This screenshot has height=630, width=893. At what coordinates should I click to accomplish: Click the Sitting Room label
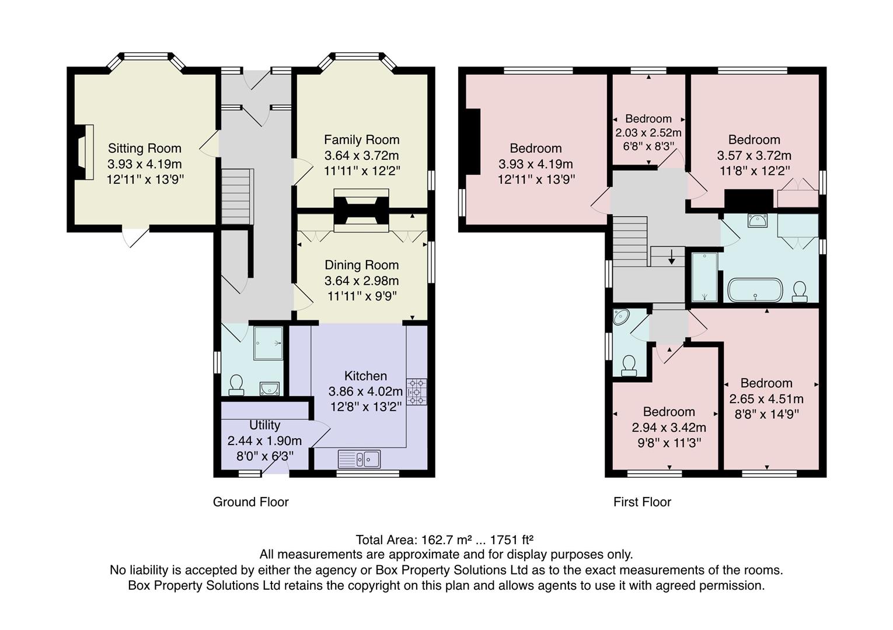[144, 148]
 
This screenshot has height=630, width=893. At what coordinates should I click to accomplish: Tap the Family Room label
[361, 139]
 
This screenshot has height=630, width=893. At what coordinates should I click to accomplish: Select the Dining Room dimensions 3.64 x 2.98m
[361, 281]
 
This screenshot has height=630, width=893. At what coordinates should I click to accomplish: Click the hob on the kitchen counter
[417, 391]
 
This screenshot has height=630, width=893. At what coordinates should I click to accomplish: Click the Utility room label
[264, 425]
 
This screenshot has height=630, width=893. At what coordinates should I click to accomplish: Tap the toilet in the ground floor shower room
[236, 384]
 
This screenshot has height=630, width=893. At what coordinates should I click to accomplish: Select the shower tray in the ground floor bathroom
[268, 343]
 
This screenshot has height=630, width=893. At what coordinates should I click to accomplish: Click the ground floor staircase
[238, 197]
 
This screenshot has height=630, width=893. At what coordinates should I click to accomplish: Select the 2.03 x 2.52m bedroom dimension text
[648, 133]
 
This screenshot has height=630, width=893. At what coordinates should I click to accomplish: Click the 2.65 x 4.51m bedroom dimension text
[766, 399]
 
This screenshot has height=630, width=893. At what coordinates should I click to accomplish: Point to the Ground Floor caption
[250, 502]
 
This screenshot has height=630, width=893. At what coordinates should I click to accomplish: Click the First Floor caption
[642, 502]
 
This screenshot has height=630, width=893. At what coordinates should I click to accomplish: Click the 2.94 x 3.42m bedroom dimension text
[668, 428]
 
